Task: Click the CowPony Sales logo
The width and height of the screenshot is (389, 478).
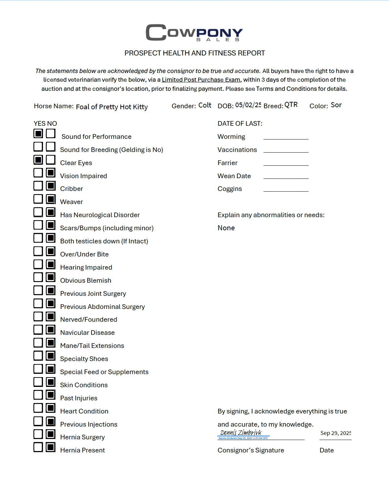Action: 194,33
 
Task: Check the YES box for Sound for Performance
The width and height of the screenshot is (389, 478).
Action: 38,133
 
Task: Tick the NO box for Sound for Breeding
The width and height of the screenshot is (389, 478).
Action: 51,147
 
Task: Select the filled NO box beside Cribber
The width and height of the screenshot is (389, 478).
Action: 51,186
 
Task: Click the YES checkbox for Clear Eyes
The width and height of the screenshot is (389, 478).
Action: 38,159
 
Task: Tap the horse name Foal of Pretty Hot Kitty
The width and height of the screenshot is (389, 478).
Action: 112,107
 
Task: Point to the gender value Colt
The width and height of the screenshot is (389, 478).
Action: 205,105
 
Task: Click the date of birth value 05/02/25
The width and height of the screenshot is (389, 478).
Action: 248,105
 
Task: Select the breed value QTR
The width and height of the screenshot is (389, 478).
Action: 291,105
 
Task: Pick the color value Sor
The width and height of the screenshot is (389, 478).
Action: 336,105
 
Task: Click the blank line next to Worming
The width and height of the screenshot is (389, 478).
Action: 286,137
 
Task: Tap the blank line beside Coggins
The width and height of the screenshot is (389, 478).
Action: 286,189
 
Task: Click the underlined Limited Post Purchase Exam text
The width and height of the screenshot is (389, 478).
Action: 201,80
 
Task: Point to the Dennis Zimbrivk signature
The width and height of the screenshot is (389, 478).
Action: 241,433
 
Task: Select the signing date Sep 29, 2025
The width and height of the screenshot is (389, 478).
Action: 336,433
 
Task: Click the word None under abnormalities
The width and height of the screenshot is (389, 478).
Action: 226,228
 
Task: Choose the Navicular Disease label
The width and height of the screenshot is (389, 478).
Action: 87,332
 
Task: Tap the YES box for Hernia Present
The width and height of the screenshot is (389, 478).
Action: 38,447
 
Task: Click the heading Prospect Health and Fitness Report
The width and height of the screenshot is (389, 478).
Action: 194,53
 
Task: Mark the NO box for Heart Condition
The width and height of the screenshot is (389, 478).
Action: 51,408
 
